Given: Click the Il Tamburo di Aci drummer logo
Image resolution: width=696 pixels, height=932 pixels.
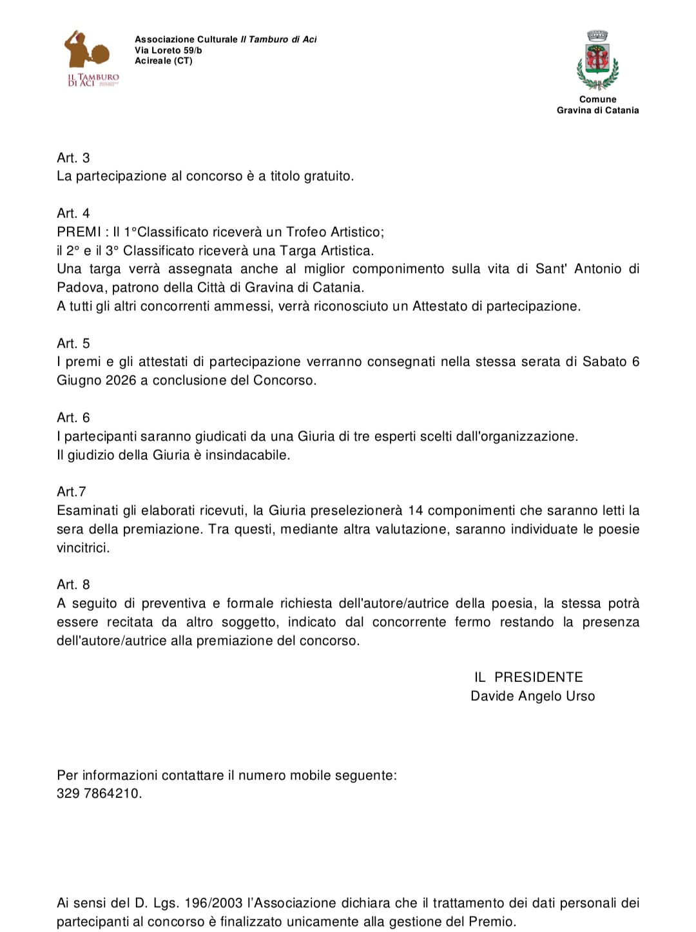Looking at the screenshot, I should (92, 58).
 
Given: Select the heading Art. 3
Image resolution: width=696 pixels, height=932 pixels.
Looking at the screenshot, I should (73, 158).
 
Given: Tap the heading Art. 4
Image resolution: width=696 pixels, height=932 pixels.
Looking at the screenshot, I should (73, 213).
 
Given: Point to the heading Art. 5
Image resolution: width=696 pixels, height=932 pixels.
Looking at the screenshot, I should (73, 344).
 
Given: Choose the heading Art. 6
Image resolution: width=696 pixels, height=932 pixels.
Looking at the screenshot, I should (73, 418).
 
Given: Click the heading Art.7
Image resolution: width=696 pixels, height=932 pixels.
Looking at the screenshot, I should (72, 492).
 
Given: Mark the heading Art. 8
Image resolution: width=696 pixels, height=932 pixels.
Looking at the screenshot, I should (73, 585).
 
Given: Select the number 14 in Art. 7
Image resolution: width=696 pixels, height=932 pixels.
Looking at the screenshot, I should (416, 510).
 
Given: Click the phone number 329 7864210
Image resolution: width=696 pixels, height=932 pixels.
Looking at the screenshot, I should (99, 793).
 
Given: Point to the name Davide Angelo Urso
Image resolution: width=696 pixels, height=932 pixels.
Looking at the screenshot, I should (532, 696).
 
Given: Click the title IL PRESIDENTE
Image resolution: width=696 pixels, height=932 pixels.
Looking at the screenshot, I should (528, 677).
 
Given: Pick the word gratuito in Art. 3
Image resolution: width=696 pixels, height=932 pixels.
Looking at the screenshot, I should (329, 176).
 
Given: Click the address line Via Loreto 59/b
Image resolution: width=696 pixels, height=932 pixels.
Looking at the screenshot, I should (168, 50).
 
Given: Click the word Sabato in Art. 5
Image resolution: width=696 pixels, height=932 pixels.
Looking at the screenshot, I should (604, 362).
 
